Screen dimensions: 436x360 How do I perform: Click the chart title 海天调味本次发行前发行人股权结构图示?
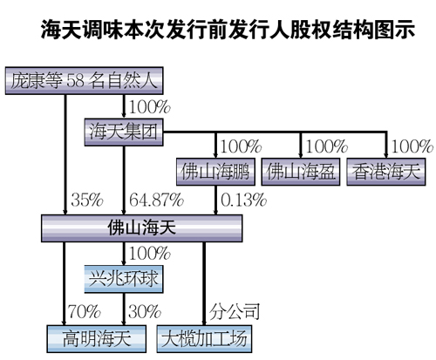228,30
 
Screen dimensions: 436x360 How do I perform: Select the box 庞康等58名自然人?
84,81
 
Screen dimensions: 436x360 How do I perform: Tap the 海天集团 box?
124,132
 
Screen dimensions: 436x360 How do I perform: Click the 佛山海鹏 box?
215,172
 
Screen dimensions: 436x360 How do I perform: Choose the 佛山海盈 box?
301,172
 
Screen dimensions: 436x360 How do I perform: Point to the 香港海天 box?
386,172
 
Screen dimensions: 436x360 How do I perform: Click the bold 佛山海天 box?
141,228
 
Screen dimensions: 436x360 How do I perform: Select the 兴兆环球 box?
124,279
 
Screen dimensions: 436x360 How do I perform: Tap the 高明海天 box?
97,339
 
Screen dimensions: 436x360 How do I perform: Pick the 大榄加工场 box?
204,339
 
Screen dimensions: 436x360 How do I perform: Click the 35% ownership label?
87,200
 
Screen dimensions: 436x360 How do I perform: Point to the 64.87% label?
156,200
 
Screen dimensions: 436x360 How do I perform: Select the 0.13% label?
243,200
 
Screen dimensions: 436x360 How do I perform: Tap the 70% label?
85,311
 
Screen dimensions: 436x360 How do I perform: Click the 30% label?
145,311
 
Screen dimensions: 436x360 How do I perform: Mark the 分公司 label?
235,311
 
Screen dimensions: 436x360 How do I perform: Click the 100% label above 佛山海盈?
327,146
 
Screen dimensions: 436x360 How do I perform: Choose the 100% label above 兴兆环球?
149,253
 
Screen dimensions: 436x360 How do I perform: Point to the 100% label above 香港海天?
412,146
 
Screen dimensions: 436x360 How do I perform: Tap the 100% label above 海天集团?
149,107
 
